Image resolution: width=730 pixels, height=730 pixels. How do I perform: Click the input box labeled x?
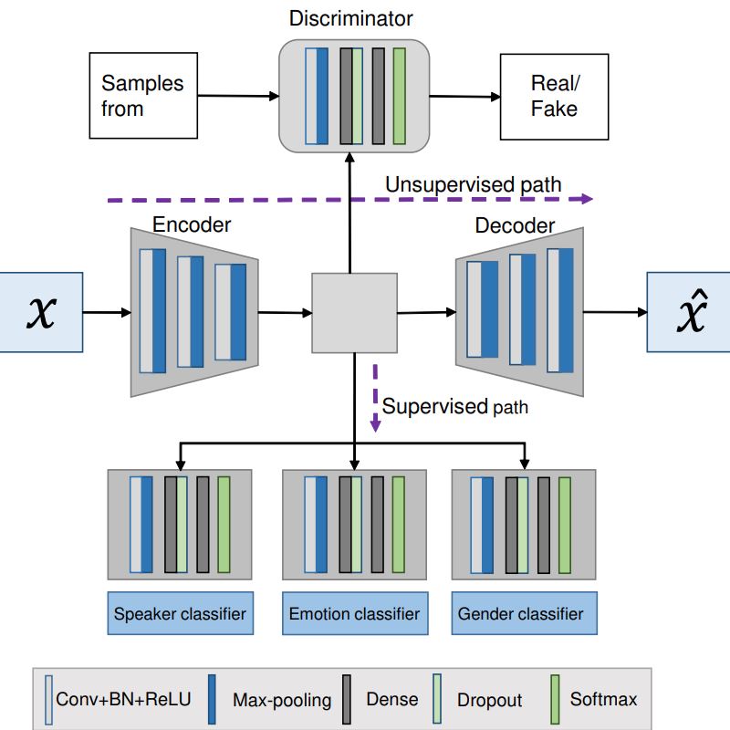[x=40, y=312]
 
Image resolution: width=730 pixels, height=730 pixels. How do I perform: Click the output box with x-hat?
[x=688, y=312]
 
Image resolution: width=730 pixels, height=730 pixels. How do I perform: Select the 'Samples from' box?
[x=142, y=96]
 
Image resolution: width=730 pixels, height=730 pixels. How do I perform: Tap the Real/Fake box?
[x=554, y=96]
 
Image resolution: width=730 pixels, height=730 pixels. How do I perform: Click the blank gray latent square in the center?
[x=354, y=312]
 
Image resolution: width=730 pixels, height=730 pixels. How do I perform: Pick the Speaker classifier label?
[x=180, y=613]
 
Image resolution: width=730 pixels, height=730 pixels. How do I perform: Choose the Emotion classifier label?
[x=354, y=613]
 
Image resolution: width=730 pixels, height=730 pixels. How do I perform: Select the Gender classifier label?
[x=524, y=613]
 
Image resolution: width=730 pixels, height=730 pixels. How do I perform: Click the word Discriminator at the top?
[x=351, y=18]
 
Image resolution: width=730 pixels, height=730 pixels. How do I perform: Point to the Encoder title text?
[x=192, y=224]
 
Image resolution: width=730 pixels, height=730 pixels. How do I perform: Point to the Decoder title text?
[x=515, y=225]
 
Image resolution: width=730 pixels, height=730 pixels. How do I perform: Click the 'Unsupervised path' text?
[x=473, y=184]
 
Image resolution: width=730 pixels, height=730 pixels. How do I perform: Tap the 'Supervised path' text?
[x=454, y=406]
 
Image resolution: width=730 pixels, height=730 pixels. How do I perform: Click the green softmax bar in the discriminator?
[x=399, y=96]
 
